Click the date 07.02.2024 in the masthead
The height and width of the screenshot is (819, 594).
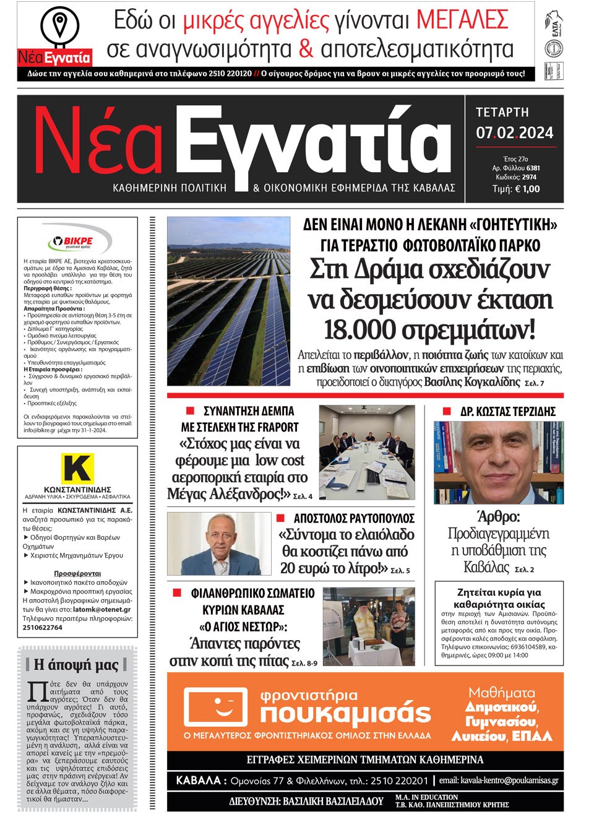pyautogui.click(x=514, y=133)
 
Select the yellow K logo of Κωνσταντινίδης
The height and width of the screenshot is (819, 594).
pyautogui.click(x=77, y=468)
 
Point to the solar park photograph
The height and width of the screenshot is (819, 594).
pyautogui.click(x=228, y=301)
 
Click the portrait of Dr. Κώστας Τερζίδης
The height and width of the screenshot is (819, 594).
pyautogui.click(x=498, y=462)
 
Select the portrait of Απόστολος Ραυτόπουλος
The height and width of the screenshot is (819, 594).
pyautogui.click(x=219, y=544)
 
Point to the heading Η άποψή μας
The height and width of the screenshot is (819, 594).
pyautogui.click(x=76, y=665)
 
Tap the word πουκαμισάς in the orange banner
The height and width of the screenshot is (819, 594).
pyautogui.click(x=345, y=714)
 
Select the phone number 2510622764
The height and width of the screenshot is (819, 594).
pyautogui.click(x=43, y=627)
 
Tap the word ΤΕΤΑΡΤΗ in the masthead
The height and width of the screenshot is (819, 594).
pyautogui.click(x=502, y=113)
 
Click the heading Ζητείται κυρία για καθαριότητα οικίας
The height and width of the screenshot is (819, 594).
pyautogui.click(x=499, y=598)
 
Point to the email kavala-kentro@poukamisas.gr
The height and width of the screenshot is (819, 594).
pyautogui.click(x=499, y=781)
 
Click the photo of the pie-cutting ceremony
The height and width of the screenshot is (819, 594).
pyautogui.click(x=369, y=626)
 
